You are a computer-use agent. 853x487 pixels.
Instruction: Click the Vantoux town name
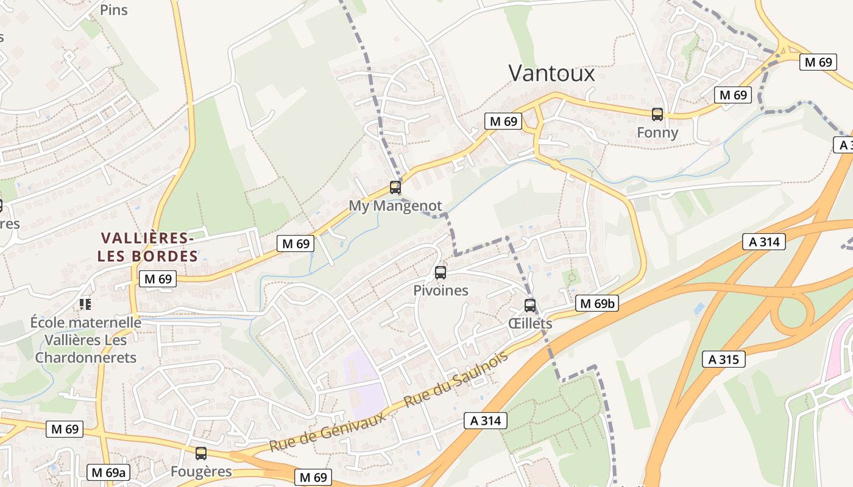(x=551, y=73)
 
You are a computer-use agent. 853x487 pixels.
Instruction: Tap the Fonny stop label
(x=657, y=133)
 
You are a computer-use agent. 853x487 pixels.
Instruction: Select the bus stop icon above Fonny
(x=657, y=114)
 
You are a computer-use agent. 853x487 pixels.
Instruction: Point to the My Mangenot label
(x=395, y=206)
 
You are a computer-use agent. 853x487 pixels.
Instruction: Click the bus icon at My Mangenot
(x=395, y=187)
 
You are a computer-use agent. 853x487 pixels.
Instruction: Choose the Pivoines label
(x=441, y=290)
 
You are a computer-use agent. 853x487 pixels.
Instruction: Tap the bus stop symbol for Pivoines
(x=441, y=273)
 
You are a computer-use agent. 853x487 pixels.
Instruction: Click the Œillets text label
(x=530, y=323)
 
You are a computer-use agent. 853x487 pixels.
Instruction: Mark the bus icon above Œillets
(x=530, y=306)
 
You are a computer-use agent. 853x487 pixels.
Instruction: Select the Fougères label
(x=201, y=471)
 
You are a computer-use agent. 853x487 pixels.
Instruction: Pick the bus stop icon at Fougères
(x=201, y=454)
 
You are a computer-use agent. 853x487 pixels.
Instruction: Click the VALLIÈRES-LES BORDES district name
(x=148, y=247)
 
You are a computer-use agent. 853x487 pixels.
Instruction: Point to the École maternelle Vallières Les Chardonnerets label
(x=85, y=340)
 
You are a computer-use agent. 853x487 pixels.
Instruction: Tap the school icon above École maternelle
(x=85, y=303)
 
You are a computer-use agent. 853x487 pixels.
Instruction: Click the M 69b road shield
(x=597, y=303)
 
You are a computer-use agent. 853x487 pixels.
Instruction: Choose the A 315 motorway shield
(x=724, y=359)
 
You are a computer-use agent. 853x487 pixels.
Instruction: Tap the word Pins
(x=114, y=10)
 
